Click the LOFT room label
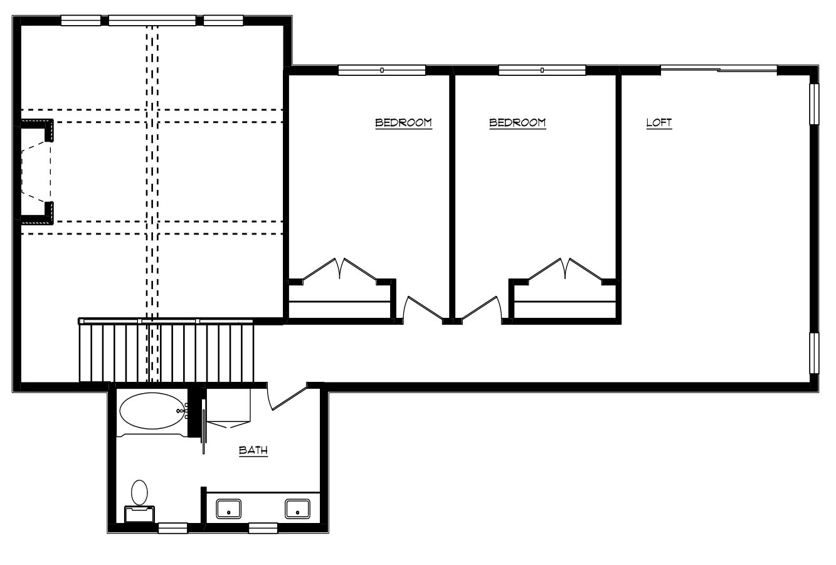659,123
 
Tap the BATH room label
253,450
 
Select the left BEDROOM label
403,123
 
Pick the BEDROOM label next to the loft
517,123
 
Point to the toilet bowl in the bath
140,493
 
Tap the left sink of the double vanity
229,509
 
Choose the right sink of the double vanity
297,509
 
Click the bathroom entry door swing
287,398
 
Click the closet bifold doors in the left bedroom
340,268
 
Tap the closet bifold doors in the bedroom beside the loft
565,268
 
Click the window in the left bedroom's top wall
382,70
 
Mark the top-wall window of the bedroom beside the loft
542,70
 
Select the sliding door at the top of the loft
719,69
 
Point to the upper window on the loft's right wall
814,104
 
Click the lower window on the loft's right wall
814,353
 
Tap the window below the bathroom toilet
173,528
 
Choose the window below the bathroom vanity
263,528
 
